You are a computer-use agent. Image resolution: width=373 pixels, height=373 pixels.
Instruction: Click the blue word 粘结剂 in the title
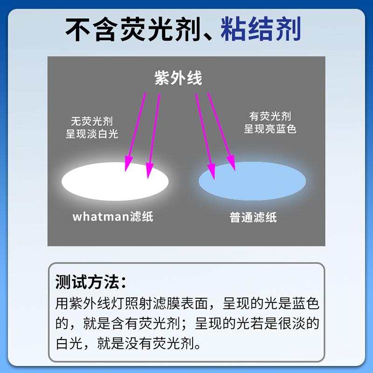pyautogui.click(x=261, y=29)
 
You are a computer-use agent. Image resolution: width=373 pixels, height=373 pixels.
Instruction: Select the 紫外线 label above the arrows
pyautogui.click(x=178, y=77)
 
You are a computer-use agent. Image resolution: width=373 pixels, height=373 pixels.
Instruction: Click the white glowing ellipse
pyautogui.click(x=115, y=181)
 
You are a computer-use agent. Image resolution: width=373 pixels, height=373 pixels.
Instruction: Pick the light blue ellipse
pyautogui.click(x=252, y=181)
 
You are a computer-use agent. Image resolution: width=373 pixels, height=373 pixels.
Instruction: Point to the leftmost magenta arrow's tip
pyautogui.click(x=125, y=171)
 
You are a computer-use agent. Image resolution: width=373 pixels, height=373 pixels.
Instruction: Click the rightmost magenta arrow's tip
pyautogui.click(x=235, y=171)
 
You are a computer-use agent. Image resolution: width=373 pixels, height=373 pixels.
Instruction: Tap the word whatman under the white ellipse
pyautogui.click(x=101, y=216)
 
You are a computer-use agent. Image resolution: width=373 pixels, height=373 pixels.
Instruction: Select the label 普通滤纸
pyautogui.click(x=253, y=217)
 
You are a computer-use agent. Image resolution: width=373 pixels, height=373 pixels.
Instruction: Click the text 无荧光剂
pyautogui.click(x=92, y=121)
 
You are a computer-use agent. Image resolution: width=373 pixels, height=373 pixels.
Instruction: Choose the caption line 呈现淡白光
pyautogui.click(x=92, y=134)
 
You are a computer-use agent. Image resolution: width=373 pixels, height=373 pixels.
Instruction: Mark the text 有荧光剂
pyautogui.click(x=270, y=116)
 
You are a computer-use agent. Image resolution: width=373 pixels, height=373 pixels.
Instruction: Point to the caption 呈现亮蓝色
pyautogui.click(x=270, y=129)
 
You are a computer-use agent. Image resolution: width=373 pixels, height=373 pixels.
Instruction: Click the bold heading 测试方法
pyautogui.click(x=87, y=282)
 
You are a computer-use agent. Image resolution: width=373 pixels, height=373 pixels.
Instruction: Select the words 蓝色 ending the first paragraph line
pyautogui.click(x=305, y=304)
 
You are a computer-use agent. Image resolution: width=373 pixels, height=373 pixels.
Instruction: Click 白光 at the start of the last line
pyautogui.click(x=69, y=343)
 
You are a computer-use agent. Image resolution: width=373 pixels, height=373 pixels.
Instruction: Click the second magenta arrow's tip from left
pyautogui.click(x=148, y=179)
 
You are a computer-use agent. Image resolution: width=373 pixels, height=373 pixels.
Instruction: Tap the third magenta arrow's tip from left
pyautogui.click(x=214, y=180)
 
